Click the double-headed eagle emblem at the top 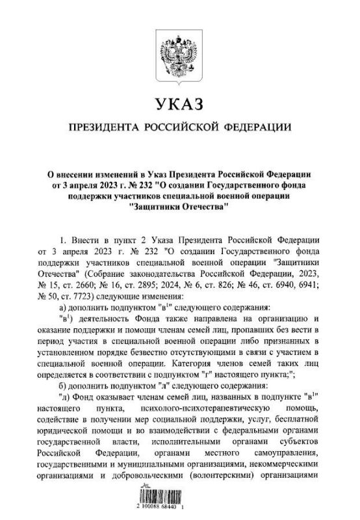[x=180, y=52]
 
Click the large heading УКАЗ [x=180, y=104]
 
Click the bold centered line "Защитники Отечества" [x=180, y=207]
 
